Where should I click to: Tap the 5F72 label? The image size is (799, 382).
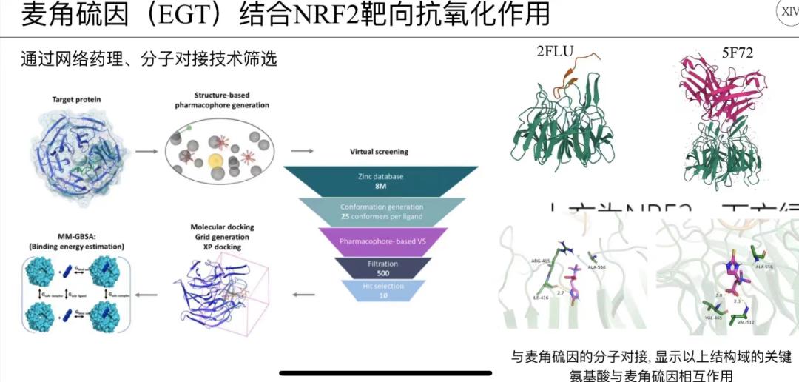738,52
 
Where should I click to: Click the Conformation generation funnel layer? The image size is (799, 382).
382,211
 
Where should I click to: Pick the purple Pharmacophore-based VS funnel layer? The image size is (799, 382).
382,241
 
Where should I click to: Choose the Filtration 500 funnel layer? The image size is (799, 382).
382,267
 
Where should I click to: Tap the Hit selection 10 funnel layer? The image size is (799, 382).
382,290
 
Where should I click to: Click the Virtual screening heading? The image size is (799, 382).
378,151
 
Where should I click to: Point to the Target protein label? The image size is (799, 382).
76,99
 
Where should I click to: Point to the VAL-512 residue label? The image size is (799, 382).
748,322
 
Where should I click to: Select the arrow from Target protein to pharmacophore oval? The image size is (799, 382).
145,151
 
